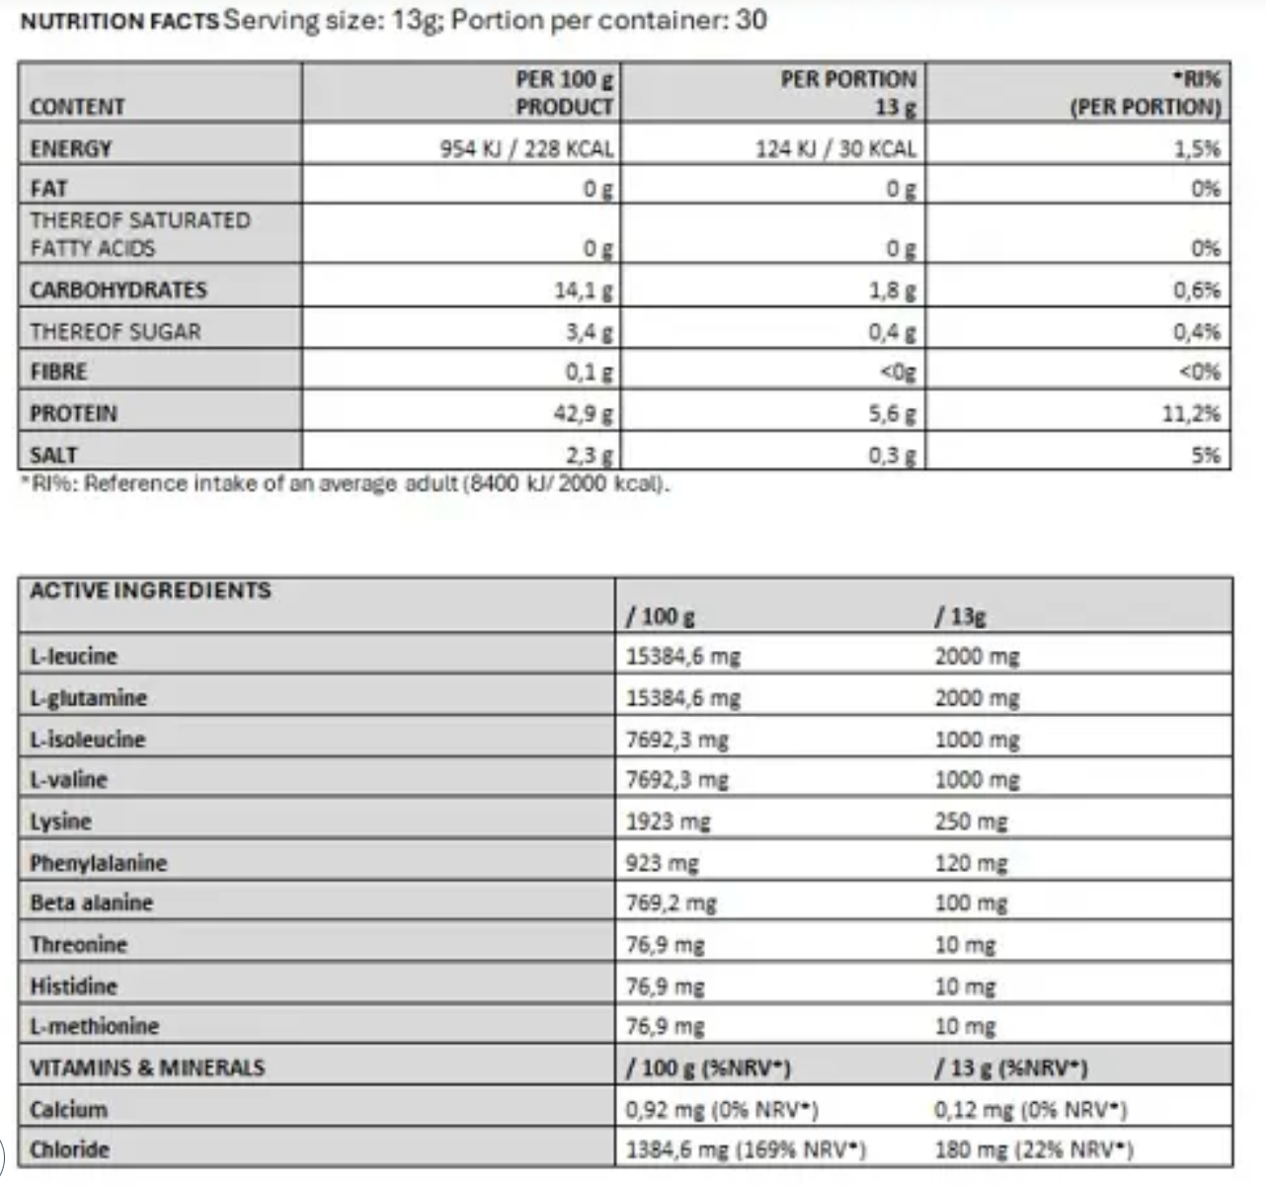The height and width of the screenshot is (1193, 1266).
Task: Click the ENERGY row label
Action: (71, 149)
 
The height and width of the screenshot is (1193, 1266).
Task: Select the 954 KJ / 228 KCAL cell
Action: (526, 149)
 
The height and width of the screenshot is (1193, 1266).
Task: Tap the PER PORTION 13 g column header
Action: (848, 93)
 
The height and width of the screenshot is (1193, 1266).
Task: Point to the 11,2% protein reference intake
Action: (1190, 414)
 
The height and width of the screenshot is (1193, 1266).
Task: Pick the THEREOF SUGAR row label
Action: (115, 332)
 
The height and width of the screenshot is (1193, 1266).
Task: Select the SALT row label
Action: (53, 455)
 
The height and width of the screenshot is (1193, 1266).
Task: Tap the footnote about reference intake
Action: (346, 484)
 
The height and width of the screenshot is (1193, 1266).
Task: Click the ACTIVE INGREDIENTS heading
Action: (150, 591)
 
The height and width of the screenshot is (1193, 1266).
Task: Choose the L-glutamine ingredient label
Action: (88, 698)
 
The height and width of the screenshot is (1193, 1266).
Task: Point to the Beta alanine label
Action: (92, 903)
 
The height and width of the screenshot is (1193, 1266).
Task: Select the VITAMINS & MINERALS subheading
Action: (147, 1068)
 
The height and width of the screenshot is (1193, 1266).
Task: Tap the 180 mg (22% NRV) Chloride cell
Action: (1033, 1150)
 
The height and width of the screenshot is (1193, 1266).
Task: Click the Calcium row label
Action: (68, 1109)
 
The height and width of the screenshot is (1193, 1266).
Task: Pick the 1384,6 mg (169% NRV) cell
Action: (746, 1150)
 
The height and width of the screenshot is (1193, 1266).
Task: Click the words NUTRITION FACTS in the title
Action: (119, 21)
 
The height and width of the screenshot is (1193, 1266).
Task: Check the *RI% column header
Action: (1146, 93)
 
